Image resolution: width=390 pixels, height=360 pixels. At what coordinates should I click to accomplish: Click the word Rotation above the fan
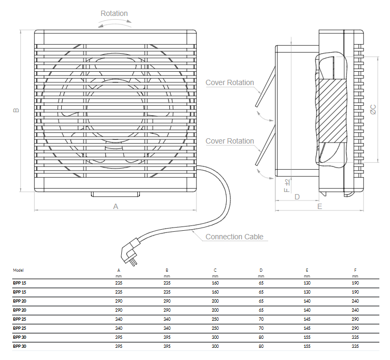pyautogui.click(x=114, y=13)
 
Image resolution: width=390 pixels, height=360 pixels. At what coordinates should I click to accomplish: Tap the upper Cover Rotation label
pyautogui.click(x=229, y=82)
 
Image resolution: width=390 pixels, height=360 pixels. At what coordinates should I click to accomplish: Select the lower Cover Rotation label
pyautogui.click(x=229, y=141)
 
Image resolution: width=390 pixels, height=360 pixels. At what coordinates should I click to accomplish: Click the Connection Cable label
pyautogui.click(x=234, y=237)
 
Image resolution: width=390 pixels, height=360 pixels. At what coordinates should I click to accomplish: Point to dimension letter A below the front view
pyautogui.click(x=115, y=206)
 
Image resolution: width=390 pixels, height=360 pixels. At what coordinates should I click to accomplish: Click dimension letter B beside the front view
pyautogui.click(x=16, y=110)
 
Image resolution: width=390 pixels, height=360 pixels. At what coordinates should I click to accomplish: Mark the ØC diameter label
pyautogui.click(x=373, y=110)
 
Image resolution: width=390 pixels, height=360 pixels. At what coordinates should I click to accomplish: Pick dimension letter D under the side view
pyautogui.click(x=297, y=197)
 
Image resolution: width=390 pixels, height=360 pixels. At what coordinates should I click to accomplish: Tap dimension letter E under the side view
pyautogui.click(x=320, y=206)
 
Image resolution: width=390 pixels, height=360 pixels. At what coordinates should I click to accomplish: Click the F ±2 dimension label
pyautogui.click(x=287, y=186)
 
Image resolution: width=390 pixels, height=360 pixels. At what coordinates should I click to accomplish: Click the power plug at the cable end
pyautogui.click(x=130, y=253)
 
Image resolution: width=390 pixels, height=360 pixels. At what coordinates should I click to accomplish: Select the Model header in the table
pyautogui.click(x=18, y=270)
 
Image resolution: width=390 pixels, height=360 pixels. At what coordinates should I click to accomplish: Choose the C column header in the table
pyautogui.click(x=215, y=270)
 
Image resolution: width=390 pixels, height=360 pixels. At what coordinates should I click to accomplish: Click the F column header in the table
pyautogui.click(x=355, y=270)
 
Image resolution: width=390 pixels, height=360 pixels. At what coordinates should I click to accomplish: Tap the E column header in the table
pyautogui.click(x=307, y=270)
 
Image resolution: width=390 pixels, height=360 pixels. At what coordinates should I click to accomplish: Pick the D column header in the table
pyautogui.click(x=261, y=270)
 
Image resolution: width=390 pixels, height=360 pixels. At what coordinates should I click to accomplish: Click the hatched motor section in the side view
pyautogui.click(x=331, y=111)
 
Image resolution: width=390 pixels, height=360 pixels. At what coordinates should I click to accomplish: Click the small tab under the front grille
pyautogui.click(x=115, y=195)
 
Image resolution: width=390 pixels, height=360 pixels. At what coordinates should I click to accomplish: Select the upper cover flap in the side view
pyautogui.click(x=265, y=87)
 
